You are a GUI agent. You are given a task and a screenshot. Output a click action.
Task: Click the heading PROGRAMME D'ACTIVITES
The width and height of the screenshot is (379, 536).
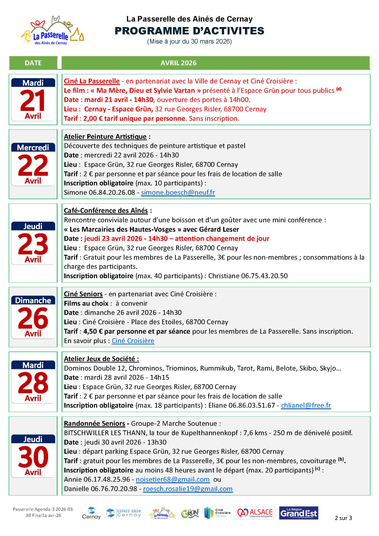click(x=189, y=31)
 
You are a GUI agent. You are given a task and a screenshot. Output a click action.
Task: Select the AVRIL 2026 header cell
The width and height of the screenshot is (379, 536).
click(x=178, y=63)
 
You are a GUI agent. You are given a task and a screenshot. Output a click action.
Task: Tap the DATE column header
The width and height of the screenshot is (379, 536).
click(x=33, y=63)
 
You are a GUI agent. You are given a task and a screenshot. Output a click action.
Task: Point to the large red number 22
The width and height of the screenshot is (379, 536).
click(x=33, y=165)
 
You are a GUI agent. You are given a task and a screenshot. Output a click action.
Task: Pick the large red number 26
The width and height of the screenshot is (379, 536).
click(x=33, y=318)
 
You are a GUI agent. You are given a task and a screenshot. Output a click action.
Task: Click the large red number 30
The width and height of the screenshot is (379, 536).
click(x=33, y=457)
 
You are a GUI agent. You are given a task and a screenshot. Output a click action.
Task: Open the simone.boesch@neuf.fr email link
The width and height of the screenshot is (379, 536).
click(x=178, y=192)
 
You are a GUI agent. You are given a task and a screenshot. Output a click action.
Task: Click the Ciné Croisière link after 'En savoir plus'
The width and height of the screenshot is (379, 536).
click(x=133, y=341)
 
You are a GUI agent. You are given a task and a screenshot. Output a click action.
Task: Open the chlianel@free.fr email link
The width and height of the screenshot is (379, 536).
click(x=306, y=405)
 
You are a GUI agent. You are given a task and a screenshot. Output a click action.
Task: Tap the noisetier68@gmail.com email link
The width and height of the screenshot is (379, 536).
click(x=173, y=479)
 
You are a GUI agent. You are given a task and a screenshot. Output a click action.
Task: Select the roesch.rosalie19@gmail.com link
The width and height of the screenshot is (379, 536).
click(x=188, y=489)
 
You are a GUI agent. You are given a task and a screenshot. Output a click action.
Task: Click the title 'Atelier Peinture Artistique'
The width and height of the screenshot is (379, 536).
click(x=105, y=136)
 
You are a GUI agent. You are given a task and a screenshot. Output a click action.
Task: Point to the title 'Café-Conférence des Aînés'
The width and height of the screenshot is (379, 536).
click(x=106, y=211)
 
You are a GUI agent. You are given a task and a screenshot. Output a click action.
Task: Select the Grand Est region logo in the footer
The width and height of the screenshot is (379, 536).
click(x=298, y=513)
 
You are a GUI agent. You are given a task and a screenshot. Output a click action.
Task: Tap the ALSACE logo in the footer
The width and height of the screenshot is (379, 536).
click(x=255, y=513)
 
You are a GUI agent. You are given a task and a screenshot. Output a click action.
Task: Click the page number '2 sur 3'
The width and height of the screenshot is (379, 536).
click(x=343, y=518)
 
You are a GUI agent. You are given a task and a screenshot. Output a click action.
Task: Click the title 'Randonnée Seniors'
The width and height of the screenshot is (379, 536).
click(x=94, y=423)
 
